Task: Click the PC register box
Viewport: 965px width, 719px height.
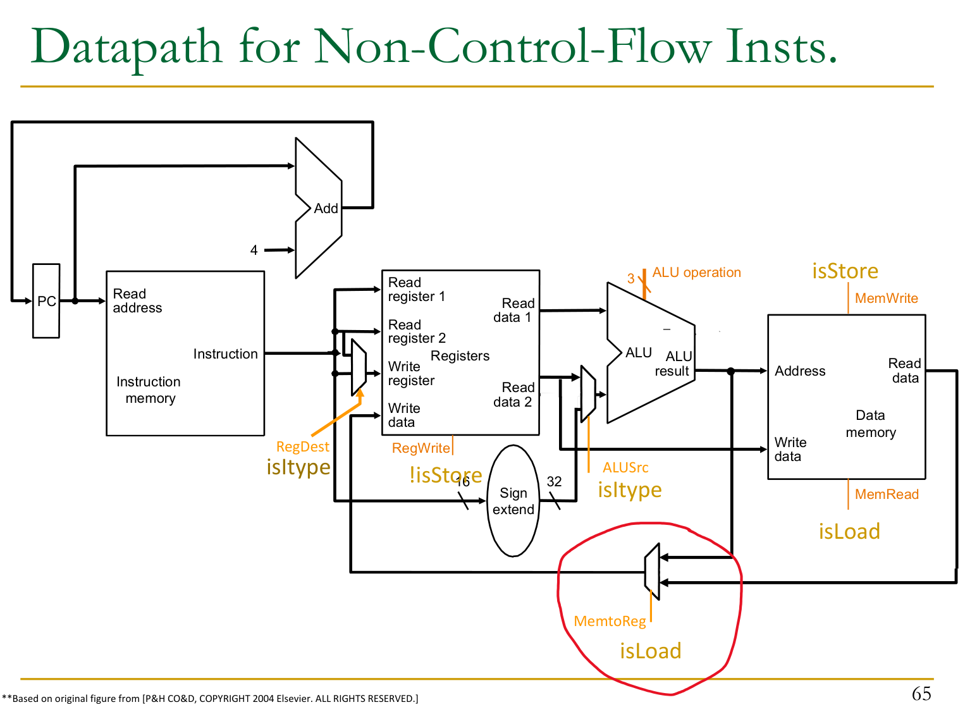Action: coord(46,301)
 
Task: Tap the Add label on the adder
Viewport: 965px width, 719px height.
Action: coord(326,209)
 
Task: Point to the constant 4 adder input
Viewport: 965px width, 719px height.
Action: coord(254,250)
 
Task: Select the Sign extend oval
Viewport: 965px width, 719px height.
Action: coord(513,501)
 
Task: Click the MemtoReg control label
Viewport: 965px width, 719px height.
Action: coord(610,622)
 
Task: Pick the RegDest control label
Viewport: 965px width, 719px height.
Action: coord(302,447)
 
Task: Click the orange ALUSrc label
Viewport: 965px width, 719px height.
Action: coord(625,468)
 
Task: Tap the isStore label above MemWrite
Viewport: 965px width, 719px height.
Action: coord(845,271)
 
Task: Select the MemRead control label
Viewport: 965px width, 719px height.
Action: coord(887,495)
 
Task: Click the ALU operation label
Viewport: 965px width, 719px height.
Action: coord(696,273)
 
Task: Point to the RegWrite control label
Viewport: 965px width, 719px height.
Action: coord(421,448)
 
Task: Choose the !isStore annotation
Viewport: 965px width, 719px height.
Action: coord(445,475)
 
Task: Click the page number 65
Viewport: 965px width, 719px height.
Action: coord(921,694)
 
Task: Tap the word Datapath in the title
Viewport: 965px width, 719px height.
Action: coord(126,47)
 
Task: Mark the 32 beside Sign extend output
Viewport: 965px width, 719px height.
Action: coord(554,482)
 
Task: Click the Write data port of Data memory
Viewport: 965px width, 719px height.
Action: coord(790,450)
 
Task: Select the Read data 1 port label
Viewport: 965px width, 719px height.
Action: coord(513,310)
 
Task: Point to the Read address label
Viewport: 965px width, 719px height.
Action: coord(137,301)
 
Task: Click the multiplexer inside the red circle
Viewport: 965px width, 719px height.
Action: coord(652,572)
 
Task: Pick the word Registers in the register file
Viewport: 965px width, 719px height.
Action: coord(460,356)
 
